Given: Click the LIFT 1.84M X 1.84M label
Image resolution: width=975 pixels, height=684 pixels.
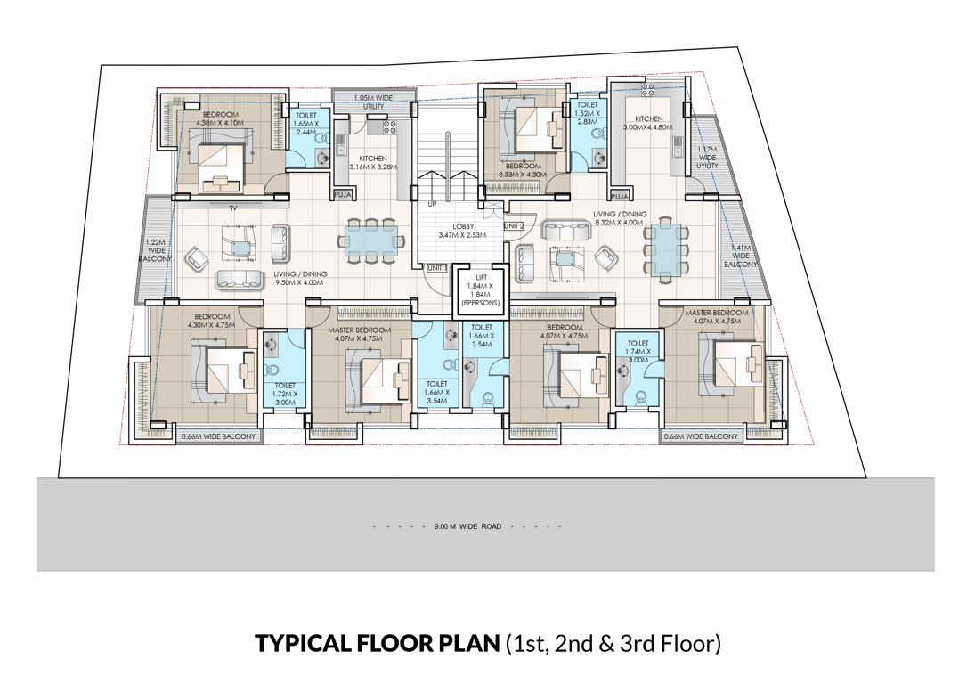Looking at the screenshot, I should (x=480, y=289).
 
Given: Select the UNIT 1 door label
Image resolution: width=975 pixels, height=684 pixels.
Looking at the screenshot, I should (x=437, y=268).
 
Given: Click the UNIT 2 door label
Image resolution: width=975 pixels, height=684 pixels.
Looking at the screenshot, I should (x=514, y=226).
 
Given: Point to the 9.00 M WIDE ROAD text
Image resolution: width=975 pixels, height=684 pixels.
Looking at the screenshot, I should (x=467, y=526).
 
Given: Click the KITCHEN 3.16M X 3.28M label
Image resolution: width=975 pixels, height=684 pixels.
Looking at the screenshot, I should (x=368, y=162).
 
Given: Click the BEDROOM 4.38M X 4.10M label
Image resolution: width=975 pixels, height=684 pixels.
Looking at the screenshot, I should (x=220, y=120).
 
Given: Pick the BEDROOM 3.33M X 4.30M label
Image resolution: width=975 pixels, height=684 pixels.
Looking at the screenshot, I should (x=524, y=171).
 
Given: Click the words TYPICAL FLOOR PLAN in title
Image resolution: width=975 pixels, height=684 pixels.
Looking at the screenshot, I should (x=377, y=643).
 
